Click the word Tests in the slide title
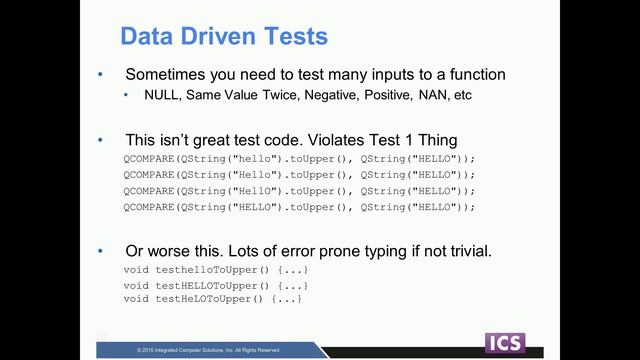click(x=294, y=37)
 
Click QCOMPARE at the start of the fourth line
click(x=149, y=206)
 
